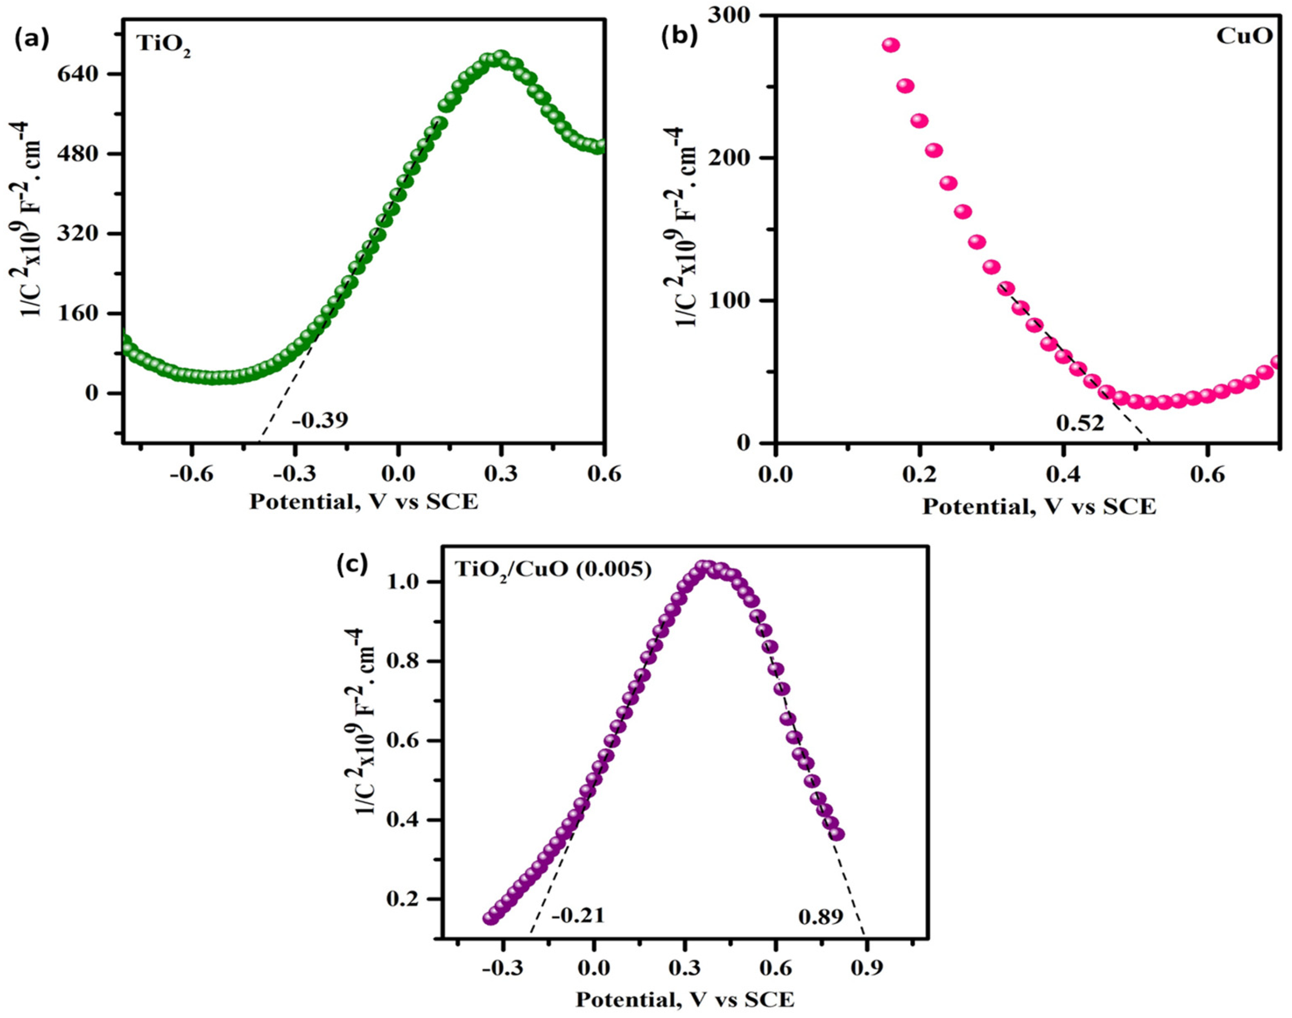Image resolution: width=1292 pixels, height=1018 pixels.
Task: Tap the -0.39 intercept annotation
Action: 319,420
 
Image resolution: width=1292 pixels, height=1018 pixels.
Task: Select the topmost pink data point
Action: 890,46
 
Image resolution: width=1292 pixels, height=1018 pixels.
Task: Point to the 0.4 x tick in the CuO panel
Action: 1063,476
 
